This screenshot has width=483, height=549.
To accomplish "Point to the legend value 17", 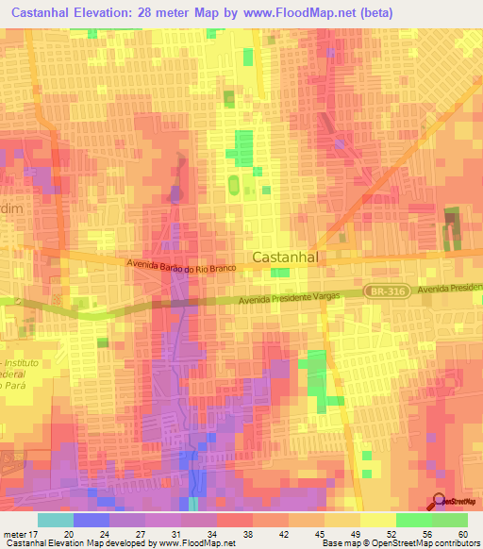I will point(38,533).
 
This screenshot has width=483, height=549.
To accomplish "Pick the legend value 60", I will point(459,533).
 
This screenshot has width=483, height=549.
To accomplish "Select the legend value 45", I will point(321,533).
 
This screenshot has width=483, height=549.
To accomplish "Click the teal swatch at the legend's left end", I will point(56,520).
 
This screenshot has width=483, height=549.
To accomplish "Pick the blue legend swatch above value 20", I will point(92,520).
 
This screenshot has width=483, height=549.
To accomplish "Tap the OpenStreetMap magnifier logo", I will point(440,503).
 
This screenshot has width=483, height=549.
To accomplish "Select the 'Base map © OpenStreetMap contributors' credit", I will point(401,544).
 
